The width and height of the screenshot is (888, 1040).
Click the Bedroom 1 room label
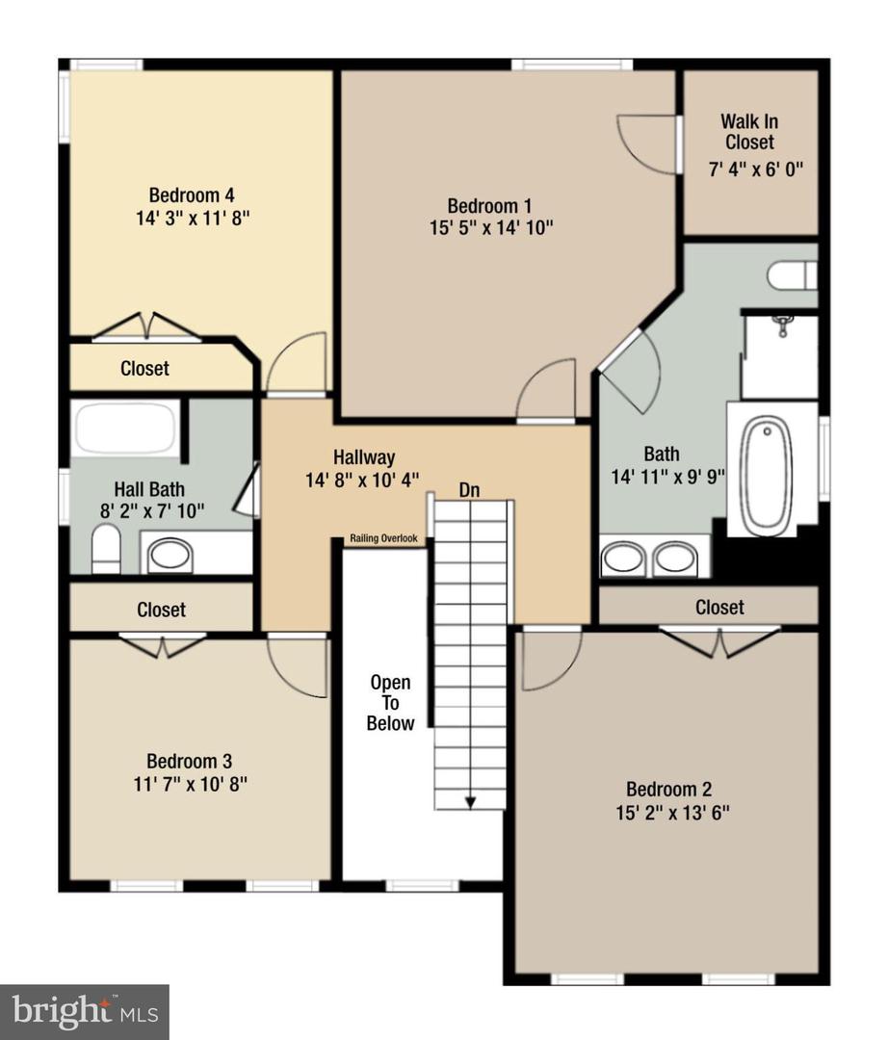point(489,205)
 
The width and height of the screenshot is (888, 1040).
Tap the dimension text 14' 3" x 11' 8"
point(193,218)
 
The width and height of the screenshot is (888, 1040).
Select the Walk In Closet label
point(749,132)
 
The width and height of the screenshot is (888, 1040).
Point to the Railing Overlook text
point(382,539)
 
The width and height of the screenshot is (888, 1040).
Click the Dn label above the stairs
point(469,490)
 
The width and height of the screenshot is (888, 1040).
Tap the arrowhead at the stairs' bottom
point(470,801)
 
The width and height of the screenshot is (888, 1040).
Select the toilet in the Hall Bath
point(106,550)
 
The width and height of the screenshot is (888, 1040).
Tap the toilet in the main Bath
point(792,275)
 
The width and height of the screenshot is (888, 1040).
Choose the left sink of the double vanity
point(623,559)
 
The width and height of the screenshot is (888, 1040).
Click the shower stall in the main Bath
point(780,356)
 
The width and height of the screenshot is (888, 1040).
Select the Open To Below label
point(390,703)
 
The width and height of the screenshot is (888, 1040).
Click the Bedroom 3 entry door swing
point(297,666)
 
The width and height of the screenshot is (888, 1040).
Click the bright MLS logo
point(84,1011)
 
